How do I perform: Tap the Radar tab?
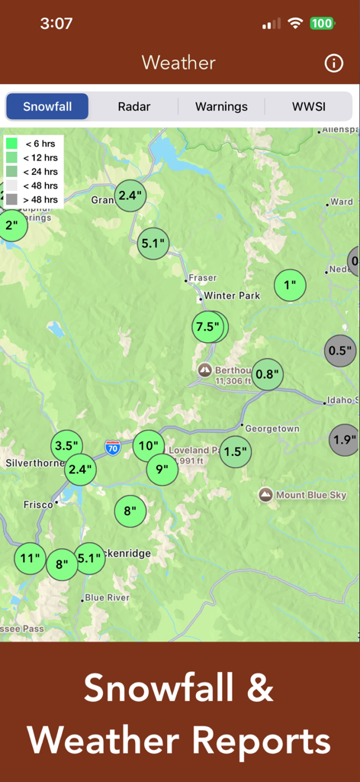(133, 107)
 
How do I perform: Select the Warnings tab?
(221, 107)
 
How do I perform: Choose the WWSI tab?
(308, 107)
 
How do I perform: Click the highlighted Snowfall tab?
(47, 107)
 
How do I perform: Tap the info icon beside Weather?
(334, 63)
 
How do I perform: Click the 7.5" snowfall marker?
(207, 327)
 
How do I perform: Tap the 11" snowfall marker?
(30, 558)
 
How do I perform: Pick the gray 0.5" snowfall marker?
(339, 351)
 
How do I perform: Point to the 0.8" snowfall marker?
(268, 374)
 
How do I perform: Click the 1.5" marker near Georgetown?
(236, 451)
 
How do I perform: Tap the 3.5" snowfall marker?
(66, 446)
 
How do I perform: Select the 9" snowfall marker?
(162, 469)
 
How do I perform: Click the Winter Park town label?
(231, 296)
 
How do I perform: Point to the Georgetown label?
(271, 428)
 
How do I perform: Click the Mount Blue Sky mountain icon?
(265, 495)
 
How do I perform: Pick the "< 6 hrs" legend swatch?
(12, 144)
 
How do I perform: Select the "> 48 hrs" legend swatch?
(12, 199)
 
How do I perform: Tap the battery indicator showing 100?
(322, 24)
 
